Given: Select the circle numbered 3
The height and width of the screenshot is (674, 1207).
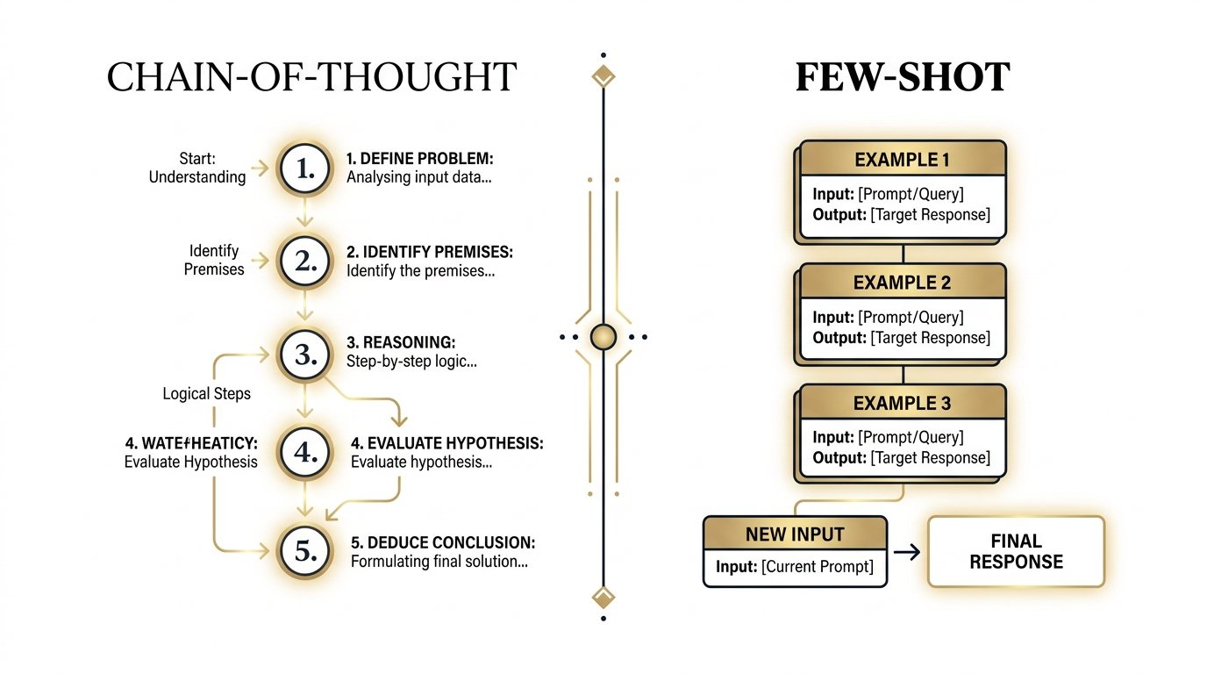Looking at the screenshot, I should tap(304, 354).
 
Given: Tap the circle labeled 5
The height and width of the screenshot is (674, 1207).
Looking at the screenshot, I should tap(304, 550).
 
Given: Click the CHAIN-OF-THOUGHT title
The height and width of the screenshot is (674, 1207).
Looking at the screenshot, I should tap(311, 78).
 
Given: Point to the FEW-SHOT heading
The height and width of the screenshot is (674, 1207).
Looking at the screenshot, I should tap(903, 78).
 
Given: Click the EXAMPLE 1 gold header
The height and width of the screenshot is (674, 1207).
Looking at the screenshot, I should tap(903, 160).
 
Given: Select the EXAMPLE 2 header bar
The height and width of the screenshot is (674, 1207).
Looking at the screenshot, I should tap(903, 283).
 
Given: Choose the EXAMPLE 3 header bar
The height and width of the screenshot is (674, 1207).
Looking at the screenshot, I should tap(903, 404).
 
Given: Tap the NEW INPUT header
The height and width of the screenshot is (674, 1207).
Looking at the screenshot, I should tap(795, 534).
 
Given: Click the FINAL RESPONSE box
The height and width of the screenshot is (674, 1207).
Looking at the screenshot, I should tap(1016, 551).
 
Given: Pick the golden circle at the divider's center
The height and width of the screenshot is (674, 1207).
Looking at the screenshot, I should tap(603, 336).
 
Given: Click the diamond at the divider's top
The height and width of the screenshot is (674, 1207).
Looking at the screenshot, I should tap(603, 75).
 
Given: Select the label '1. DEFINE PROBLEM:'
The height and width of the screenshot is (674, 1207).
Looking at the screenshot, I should tap(420, 159).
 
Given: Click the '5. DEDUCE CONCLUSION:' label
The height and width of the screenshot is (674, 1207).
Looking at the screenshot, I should tap(443, 542).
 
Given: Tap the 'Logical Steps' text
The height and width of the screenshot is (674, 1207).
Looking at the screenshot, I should tap(207, 393).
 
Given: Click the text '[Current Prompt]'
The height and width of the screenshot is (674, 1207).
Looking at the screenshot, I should tap(818, 567).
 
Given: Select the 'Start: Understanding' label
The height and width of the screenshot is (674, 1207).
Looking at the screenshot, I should tap(197, 168).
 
